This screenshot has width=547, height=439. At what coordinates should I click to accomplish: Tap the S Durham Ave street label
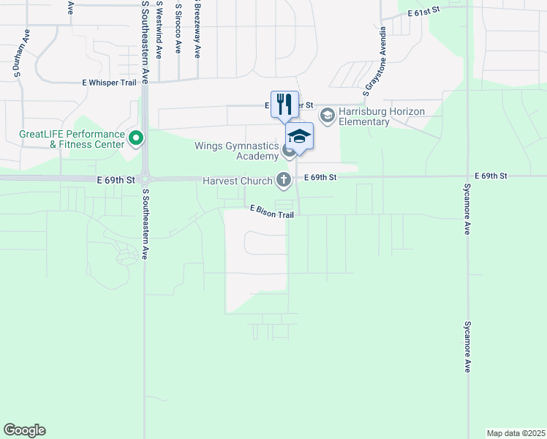click(x=15, y=54)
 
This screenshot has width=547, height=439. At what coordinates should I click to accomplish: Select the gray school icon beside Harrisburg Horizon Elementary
click(x=328, y=114)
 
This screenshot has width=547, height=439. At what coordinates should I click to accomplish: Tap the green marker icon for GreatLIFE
click(x=135, y=138)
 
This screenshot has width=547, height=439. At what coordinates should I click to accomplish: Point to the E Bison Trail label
click(x=271, y=210)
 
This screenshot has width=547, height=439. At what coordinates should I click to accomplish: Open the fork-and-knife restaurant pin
click(x=284, y=103)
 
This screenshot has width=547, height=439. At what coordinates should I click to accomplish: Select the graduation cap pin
click(x=299, y=135)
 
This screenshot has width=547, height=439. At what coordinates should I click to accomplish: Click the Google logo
click(x=24, y=430)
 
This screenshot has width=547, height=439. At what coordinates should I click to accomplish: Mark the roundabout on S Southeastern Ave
click(x=146, y=178)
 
